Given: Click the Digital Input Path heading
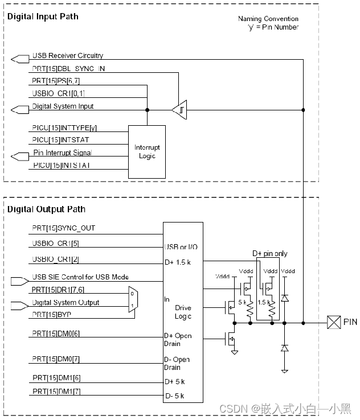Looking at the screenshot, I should (43, 17).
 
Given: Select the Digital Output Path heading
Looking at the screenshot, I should (46, 209).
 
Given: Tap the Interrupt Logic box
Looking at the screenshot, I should (147, 152).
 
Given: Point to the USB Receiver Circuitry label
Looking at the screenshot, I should (68, 56).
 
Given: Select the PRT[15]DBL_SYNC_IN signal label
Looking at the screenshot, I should (68, 68).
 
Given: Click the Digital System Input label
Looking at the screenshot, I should (63, 106).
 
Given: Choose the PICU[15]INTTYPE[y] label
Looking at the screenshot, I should (68, 128).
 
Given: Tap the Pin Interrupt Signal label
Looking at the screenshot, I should (62, 153).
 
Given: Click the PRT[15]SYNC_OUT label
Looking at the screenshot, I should (64, 228).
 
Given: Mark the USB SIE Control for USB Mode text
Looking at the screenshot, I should (80, 277).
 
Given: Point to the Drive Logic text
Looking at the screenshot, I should (183, 312).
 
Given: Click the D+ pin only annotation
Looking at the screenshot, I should (269, 253).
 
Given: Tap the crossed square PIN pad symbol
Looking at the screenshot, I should (332, 323).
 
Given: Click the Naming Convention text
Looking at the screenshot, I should (268, 19).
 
